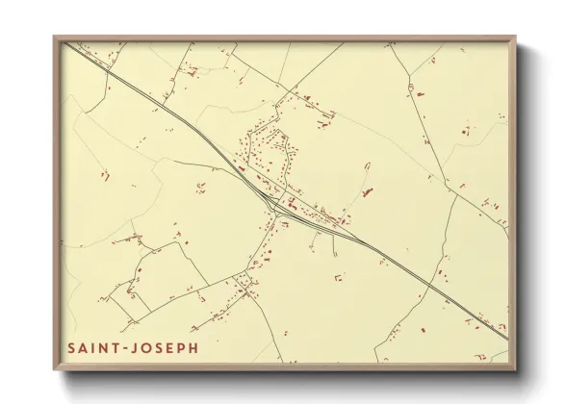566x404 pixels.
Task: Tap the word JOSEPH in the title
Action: (166, 346)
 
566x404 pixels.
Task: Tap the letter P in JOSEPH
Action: (180, 346)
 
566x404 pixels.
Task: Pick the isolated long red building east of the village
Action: (367, 191)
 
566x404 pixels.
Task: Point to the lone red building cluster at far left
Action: (103, 176)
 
